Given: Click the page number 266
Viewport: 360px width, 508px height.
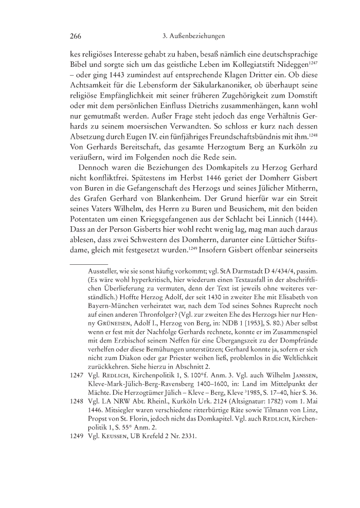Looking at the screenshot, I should coord(76,37).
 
